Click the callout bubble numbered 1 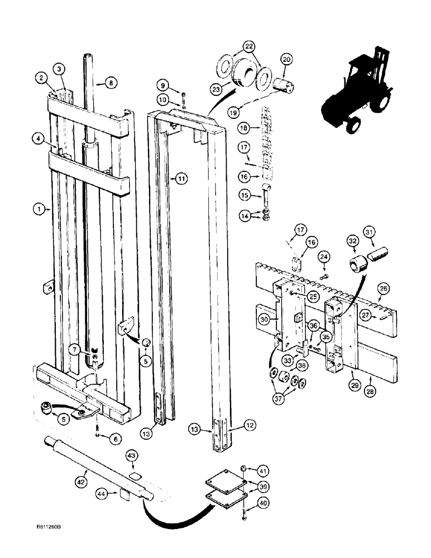(39, 210)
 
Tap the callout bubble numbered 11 (181, 179)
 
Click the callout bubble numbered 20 (286, 60)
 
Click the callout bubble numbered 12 (249, 426)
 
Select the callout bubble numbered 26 (384, 288)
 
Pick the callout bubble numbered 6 (115, 439)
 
